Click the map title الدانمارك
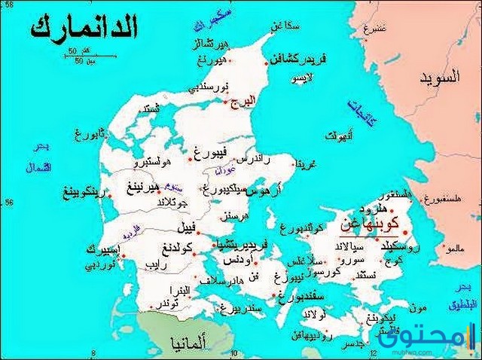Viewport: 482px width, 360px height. pyautogui.click(x=84, y=29)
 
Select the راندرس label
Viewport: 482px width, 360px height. pyautogui.click(x=252, y=160)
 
